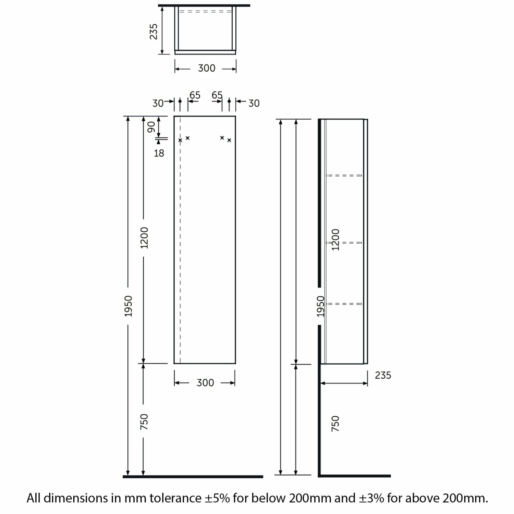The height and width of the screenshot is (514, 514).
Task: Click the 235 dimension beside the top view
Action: click(x=154, y=32)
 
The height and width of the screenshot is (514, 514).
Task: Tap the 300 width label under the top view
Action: click(x=207, y=68)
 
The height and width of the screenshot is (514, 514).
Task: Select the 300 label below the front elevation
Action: click(x=205, y=383)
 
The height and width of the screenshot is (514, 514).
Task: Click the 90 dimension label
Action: click(x=151, y=127)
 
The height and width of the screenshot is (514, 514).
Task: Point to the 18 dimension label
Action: click(x=159, y=153)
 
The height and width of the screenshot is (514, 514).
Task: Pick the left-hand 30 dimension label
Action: click(x=158, y=103)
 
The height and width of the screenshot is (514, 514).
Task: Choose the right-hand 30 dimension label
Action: click(x=254, y=103)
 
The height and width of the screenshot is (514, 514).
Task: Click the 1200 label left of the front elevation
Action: click(x=144, y=238)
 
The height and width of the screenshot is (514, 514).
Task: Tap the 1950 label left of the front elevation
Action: click(x=128, y=306)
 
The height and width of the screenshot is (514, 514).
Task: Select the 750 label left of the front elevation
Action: click(x=144, y=422)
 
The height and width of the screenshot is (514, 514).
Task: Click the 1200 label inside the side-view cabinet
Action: click(x=335, y=240)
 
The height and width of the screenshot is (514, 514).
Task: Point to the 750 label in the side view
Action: click(x=335, y=424)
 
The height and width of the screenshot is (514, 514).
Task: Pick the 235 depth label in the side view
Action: click(x=383, y=376)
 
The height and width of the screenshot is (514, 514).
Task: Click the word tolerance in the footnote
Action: click(x=175, y=498)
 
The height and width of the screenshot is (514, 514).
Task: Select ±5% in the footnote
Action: click(x=217, y=498)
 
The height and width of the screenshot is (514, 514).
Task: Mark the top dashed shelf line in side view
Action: click(x=344, y=175)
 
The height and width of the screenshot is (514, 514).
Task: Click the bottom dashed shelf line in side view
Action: click(x=344, y=304)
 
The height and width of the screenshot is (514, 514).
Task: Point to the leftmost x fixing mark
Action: click(x=180, y=140)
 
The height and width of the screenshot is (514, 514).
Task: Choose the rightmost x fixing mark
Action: click(x=229, y=140)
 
